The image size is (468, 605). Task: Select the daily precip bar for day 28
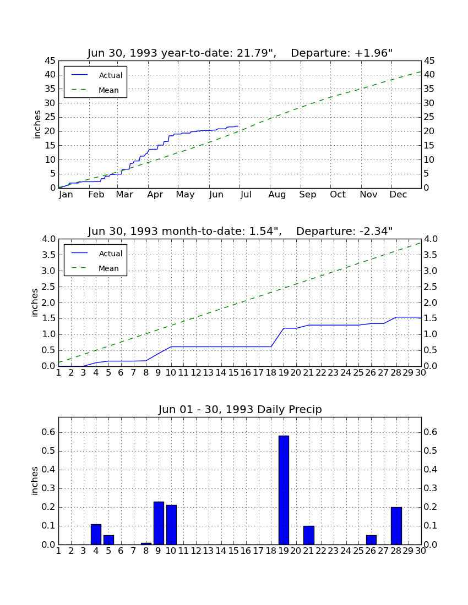tap(396, 526)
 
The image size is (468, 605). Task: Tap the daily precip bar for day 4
tap(96, 535)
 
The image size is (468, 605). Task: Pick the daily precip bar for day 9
tap(159, 523)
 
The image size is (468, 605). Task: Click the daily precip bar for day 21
tap(309, 535)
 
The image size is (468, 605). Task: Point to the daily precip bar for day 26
tap(371, 540)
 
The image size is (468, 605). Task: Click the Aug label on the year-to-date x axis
tap(277, 195)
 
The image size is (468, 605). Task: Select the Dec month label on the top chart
tap(398, 195)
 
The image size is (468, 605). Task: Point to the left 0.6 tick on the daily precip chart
tap(49, 432)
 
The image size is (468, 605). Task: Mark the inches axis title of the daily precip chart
tap(35, 481)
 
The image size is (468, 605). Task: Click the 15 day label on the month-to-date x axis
tap(233, 373)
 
